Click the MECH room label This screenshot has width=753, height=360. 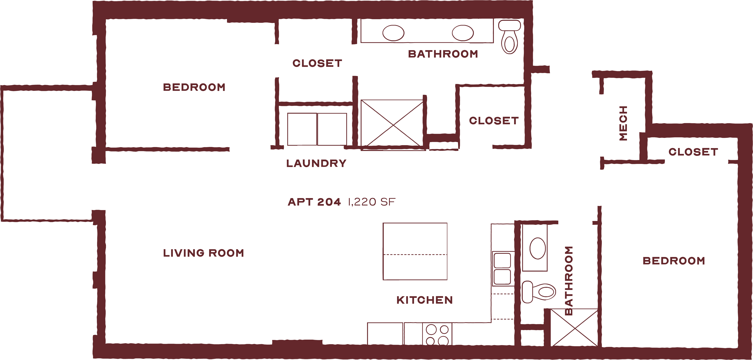pyautogui.click(x=623, y=123)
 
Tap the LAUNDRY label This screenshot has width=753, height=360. pyautogui.click(x=316, y=163)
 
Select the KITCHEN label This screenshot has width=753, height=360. pyautogui.click(x=424, y=300)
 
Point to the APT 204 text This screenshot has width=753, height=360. pyautogui.click(x=314, y=202)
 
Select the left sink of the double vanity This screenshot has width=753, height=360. pyautogui.click(x=393, y=33)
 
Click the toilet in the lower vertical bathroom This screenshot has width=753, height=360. pyautogui.click(x=539, y=292)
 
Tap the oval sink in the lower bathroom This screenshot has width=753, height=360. pyautogui.click(x=538, y=248)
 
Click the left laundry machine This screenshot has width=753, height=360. pyautogui.click(x=302, y=129)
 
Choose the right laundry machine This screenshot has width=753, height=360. pyautogui.click(x=332, y=129)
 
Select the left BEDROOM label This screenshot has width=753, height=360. pyautogui.click(x=194, y=87)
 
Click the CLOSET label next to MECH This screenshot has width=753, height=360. pyautogui.click(x=693, y=152)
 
